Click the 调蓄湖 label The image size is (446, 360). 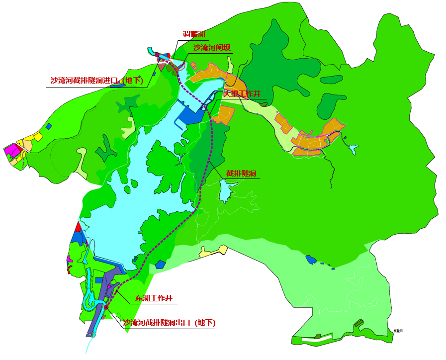pos(194,34)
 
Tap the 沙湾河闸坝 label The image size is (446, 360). pos(212,48)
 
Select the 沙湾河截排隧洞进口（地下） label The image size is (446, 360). pos(96,81)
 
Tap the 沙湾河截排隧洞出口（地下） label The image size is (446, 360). pos(169,323)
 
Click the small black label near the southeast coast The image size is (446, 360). pos(397,330)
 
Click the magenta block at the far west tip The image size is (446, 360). pos(11,150)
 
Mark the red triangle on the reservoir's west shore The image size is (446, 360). pos(78,227)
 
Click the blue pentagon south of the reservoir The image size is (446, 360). pos(160,264)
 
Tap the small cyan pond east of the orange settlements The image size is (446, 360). pos(353,149)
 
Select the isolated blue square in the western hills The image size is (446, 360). pos(49,126)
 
